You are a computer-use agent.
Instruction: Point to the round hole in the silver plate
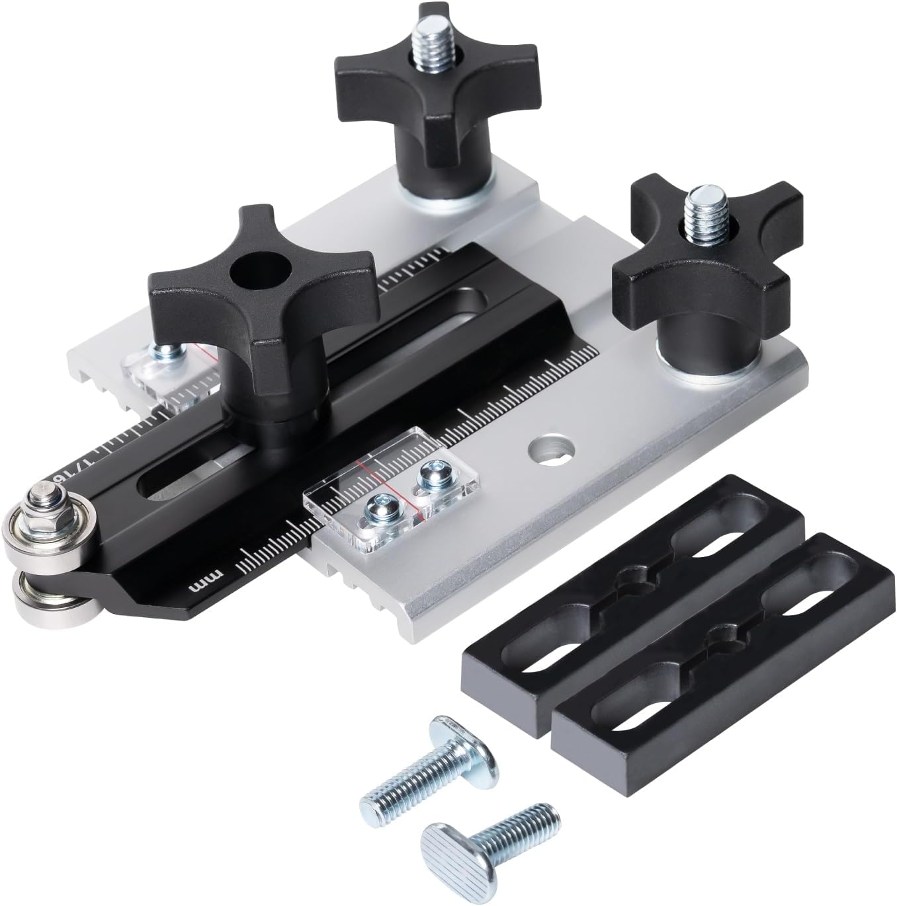click(x=550, y=450)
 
